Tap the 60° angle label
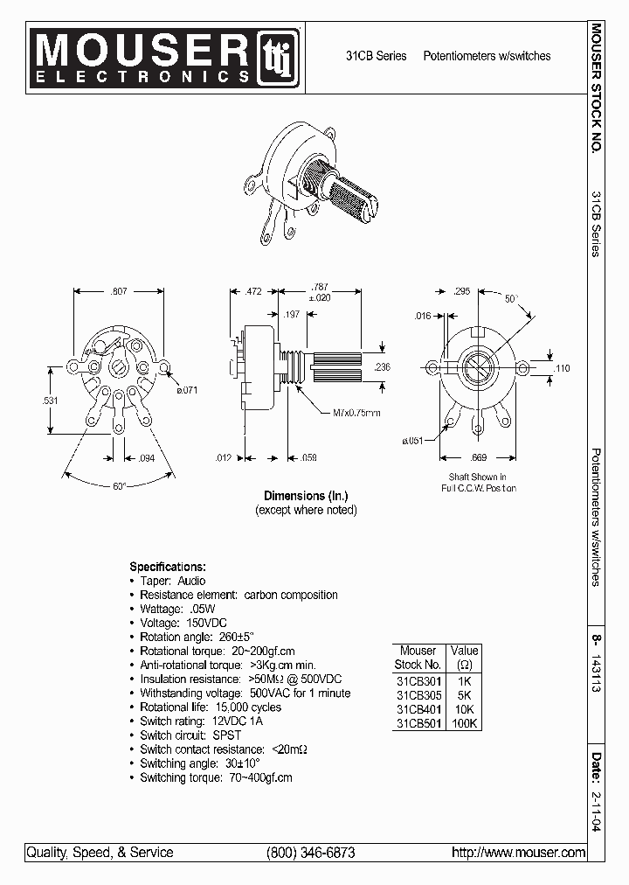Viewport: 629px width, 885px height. tap(120, 485)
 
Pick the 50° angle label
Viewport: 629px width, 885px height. tap(511, 298)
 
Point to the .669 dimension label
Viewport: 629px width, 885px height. tap(479, 457)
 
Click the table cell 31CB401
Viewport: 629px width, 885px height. tap(418, 709)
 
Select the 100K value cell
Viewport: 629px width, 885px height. tap(464, 723)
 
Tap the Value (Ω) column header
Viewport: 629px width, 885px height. tap(464, 658)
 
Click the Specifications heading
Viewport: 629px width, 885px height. tap(168, 566)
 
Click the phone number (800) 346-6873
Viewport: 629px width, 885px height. tap(310, 853)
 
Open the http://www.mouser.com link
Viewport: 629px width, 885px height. tap(518, 853)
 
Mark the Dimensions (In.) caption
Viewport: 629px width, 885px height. tap(306, 495)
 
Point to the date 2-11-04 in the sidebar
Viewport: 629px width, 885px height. tap(596, 812)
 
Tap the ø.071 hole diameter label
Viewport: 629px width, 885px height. tap(185, 390)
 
